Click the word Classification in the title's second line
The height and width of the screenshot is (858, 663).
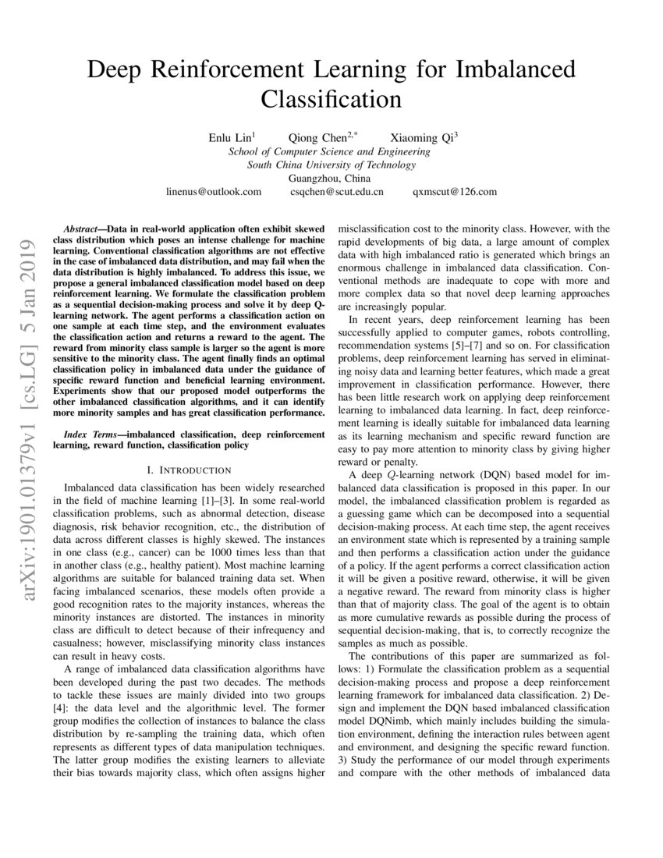331,100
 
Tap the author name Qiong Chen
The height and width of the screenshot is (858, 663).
321,137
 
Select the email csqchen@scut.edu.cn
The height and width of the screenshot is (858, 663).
336,191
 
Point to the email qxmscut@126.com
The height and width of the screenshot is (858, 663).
454,191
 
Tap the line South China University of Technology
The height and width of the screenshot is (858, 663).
331,165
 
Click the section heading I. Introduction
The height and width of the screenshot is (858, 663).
189,470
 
